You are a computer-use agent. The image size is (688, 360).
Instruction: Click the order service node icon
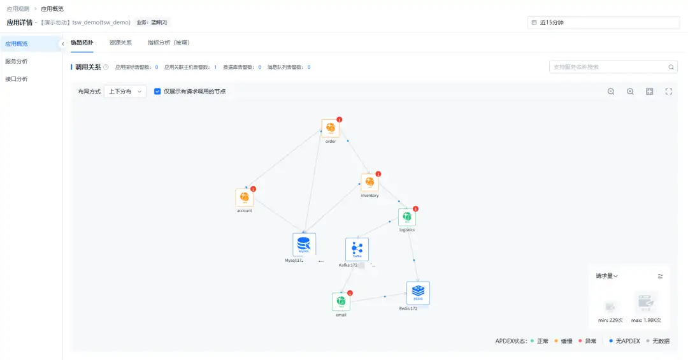coord(330,128)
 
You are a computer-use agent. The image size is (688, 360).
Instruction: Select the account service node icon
coord(244,198)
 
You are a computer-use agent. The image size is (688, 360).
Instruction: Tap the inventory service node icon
coord(369,183)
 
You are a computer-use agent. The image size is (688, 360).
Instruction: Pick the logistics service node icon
coord(406,217)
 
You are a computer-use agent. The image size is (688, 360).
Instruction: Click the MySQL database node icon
coord(304,245)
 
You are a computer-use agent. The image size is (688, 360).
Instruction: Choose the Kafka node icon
coord(357,249)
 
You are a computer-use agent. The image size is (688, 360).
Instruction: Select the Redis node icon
coord(418,293)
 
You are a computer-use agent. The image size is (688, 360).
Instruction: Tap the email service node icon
coord(341,301)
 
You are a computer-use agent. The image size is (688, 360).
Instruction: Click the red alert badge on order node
coord(340,120)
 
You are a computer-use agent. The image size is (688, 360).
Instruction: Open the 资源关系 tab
coord(120,43)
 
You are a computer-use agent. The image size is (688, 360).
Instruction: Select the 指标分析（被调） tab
coord(168,43)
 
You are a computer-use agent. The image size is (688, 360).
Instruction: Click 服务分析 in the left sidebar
coord(17,61)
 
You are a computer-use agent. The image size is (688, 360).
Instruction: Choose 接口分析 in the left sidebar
coord(17,79)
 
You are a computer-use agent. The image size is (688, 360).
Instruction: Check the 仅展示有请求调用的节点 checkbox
coord(157,91)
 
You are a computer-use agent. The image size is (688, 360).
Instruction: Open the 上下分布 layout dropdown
coord(125,91)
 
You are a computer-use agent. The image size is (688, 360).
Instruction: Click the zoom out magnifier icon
coord(611,91)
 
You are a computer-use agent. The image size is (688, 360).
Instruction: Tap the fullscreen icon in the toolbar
coord(669,91)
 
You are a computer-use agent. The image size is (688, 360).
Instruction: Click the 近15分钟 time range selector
coord(603,22)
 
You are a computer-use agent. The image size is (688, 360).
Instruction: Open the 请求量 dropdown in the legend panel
coord(607,276)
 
